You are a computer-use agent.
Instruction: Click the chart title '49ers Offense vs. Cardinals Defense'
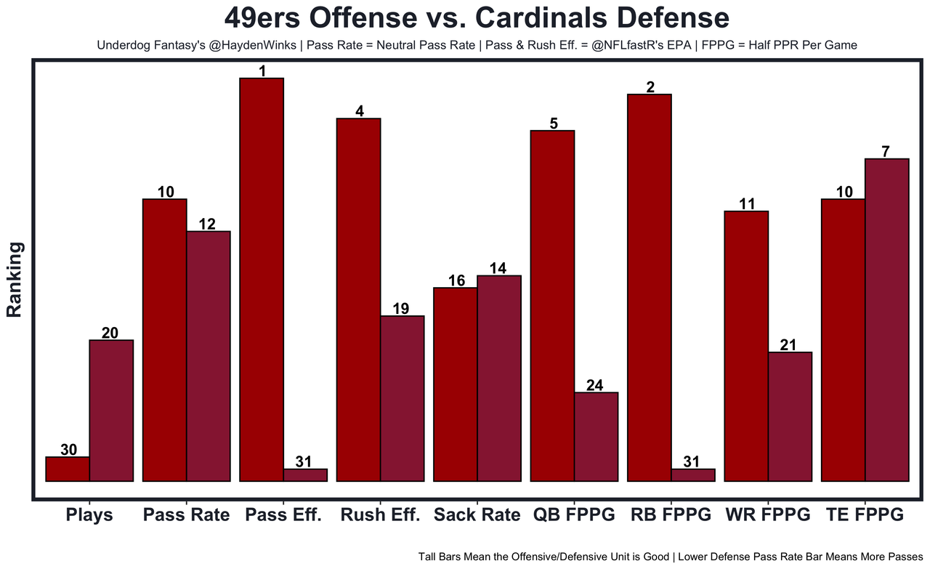[476, 18]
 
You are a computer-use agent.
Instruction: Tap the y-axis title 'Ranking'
[15, 280]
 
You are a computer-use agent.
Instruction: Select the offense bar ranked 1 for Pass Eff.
[262, 280]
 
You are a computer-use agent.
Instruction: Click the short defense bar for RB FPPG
[693, 475]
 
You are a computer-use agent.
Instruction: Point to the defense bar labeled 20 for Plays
[111, 411]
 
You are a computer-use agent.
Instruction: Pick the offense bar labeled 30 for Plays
[68, 469]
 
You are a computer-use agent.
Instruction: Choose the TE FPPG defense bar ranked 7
[887, 320]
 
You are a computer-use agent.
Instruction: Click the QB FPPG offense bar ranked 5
[552, 306]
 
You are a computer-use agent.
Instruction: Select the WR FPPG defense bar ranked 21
[790, 416]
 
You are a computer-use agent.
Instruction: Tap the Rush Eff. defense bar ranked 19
[402, 398]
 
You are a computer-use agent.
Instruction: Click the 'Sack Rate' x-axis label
[477, 515]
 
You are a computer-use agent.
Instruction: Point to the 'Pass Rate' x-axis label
[186, 515]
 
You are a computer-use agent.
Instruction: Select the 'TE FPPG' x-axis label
[865, 515]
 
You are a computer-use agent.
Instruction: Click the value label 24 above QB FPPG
[594, 385]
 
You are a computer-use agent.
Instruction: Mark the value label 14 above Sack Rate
[498, 267]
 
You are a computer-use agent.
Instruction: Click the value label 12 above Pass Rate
[207, 224]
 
